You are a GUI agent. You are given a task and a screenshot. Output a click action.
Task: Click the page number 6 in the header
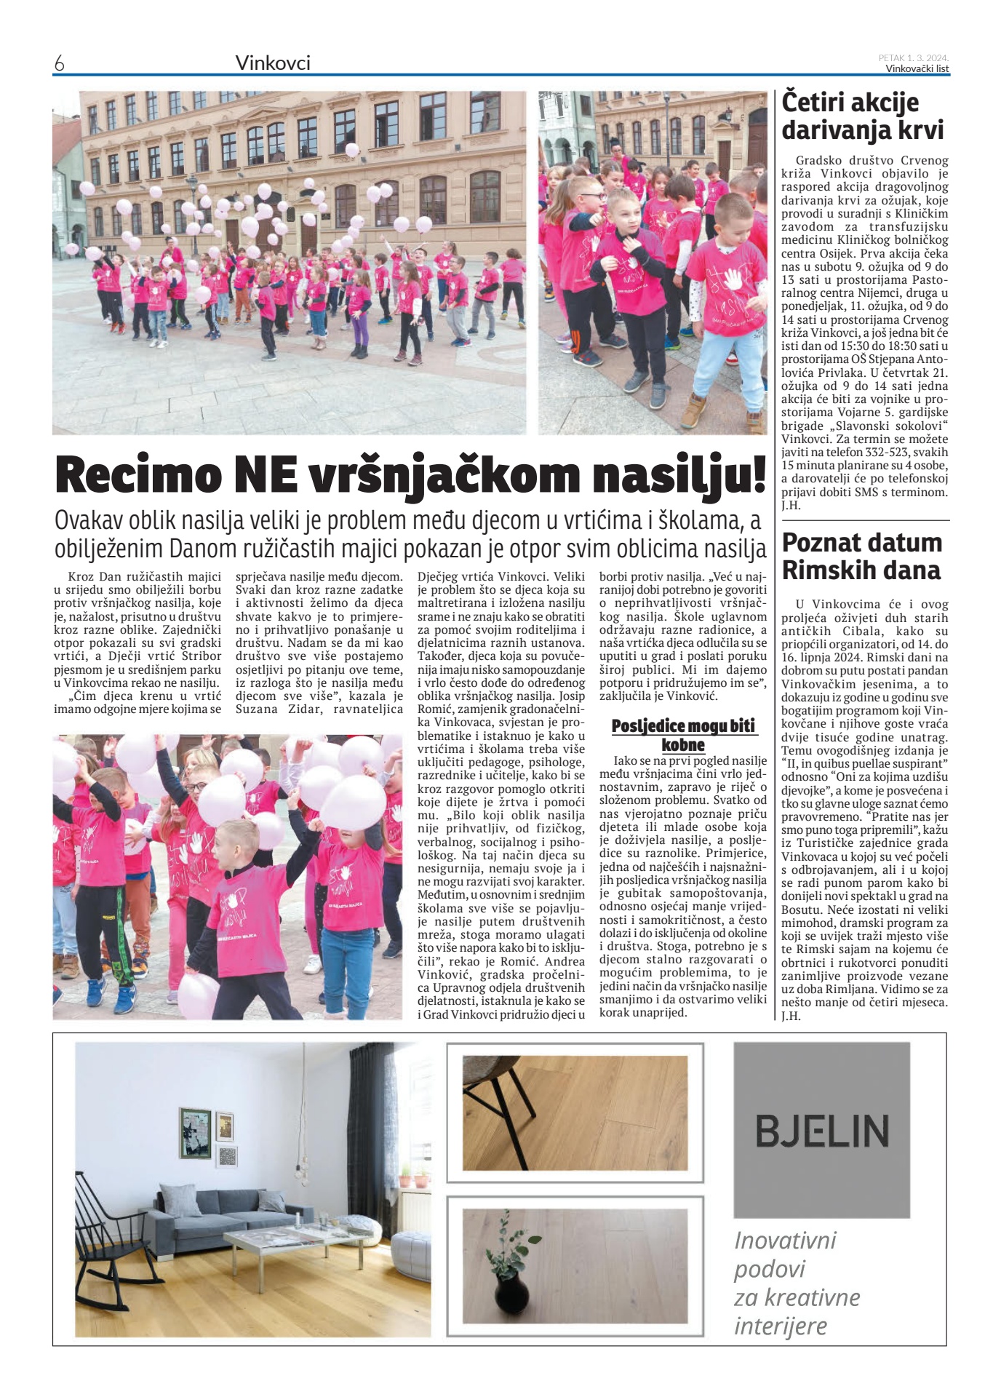click(59, 64)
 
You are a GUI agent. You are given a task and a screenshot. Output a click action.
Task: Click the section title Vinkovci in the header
click(273, 63)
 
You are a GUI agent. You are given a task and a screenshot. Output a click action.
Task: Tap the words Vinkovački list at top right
click(917, 69)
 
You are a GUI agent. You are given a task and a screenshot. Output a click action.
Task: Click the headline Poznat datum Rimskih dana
click(862, 556)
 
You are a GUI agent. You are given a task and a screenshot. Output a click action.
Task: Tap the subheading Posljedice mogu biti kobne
click(683, 735)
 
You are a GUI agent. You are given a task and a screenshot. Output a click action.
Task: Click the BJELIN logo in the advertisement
click(821, 1131)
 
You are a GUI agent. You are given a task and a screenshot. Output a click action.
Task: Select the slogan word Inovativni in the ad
click(785, 1239)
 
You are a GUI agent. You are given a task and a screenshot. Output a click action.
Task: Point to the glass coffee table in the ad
click(280, 1241)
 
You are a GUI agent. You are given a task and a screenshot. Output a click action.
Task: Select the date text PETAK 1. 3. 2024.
click(913, 57)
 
